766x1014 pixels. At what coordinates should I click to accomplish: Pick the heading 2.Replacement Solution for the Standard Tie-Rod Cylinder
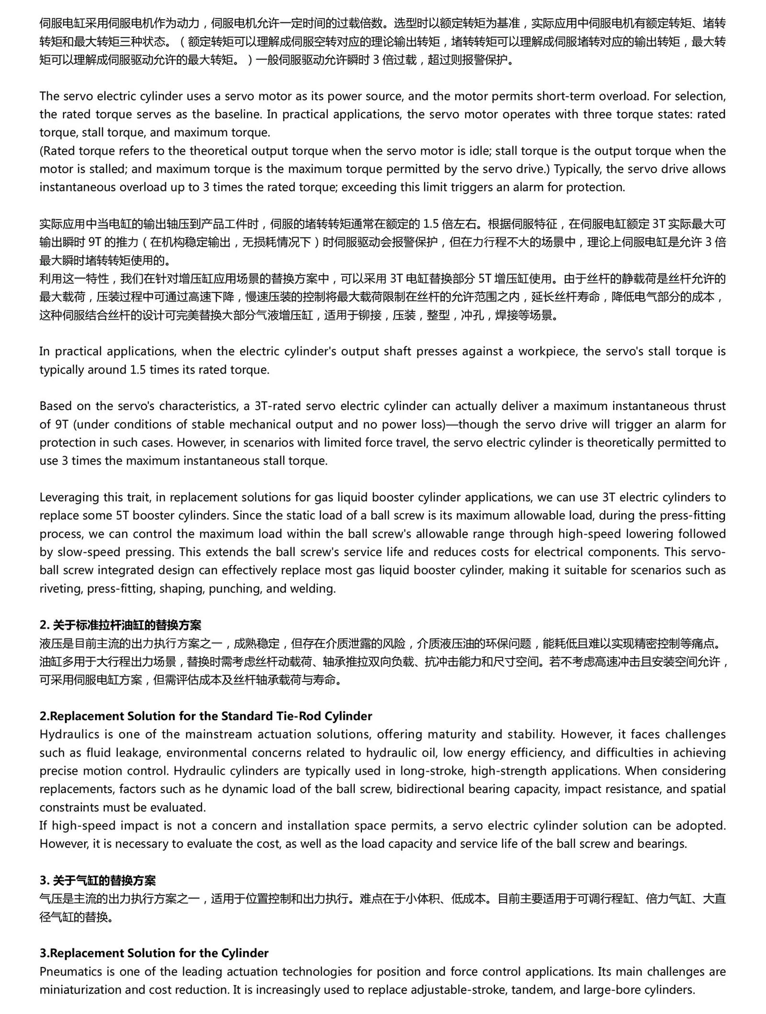point(206,716)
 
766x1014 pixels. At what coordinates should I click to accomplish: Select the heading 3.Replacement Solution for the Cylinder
point(154,953)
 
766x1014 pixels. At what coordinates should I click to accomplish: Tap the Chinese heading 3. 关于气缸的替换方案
point(98,880)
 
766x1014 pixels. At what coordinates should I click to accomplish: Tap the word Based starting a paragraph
point(55,406)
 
